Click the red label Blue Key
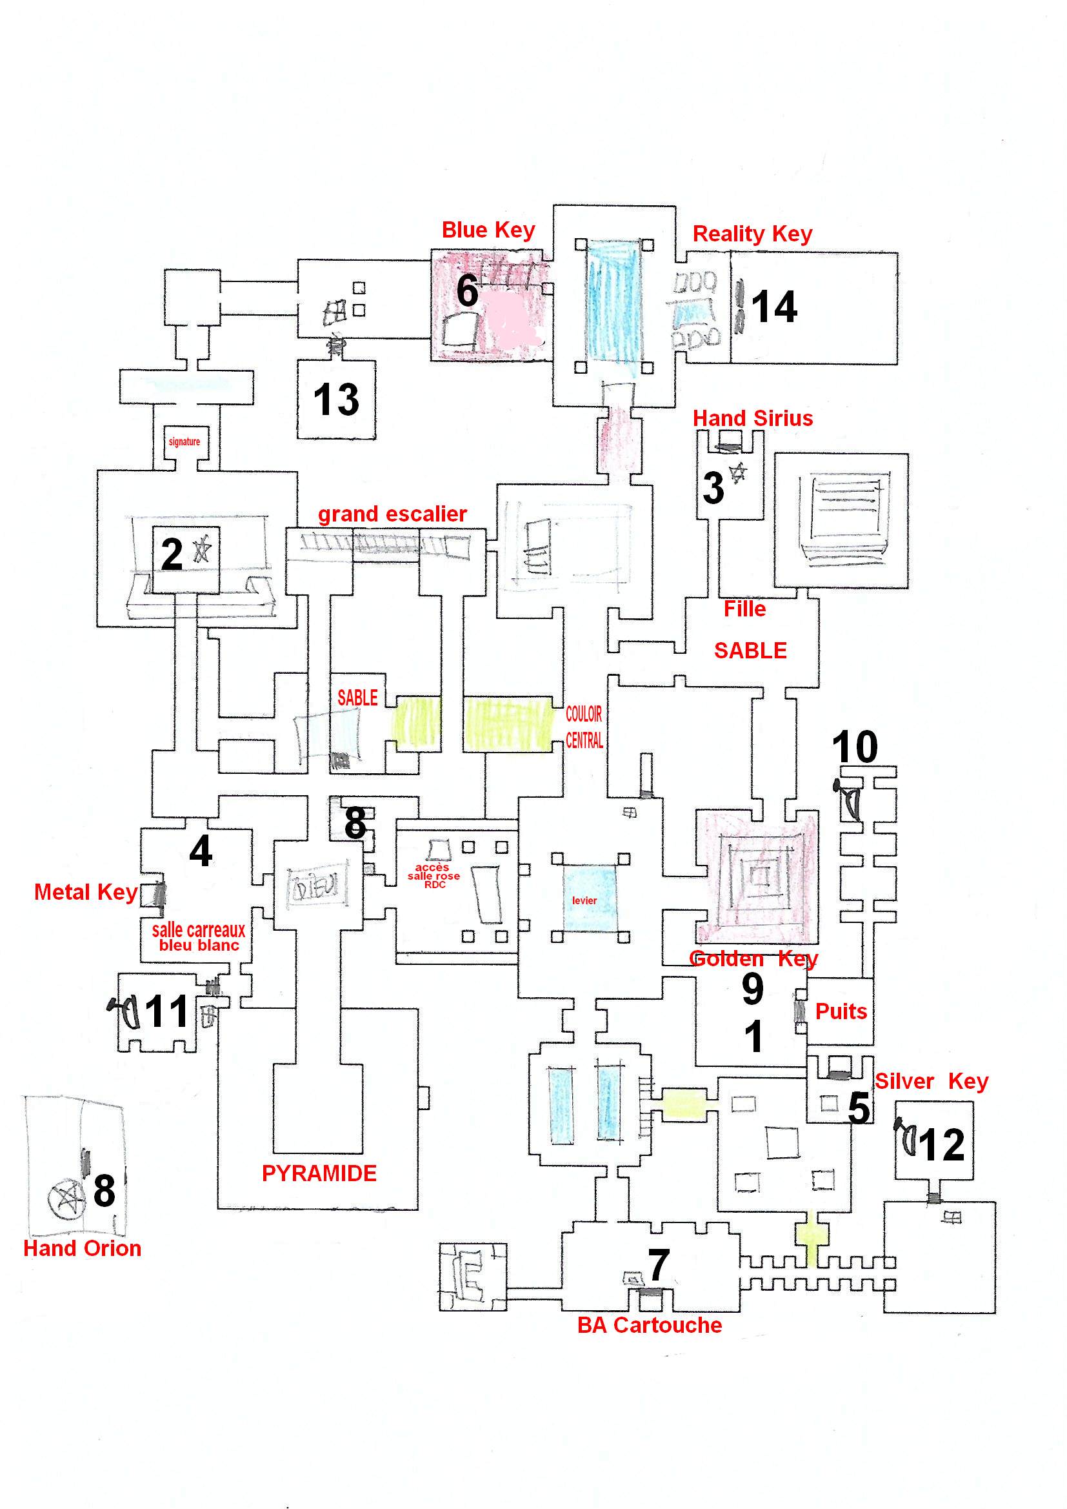click(x=488, y=230)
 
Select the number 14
click(x=774, y=307)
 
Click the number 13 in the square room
click(x=335, y=400)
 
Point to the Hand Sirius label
click(x=753, y=418)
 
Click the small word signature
click(x=184, y=441)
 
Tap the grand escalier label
click(x=392, y=514)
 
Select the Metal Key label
click(x=85, y=893)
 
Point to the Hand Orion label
click(x=82, y=1248)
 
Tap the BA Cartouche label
click(x=649, y=1325)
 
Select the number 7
click(x=659, y=1264)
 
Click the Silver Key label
click(x=931, y=1082)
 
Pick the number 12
click(x=941, y=1145)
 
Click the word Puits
click(x=841, y=1011)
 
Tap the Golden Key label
click(x=753, y=959)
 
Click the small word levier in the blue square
click(x=584, y=900)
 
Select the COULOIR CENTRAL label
click(x=584, y=727)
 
